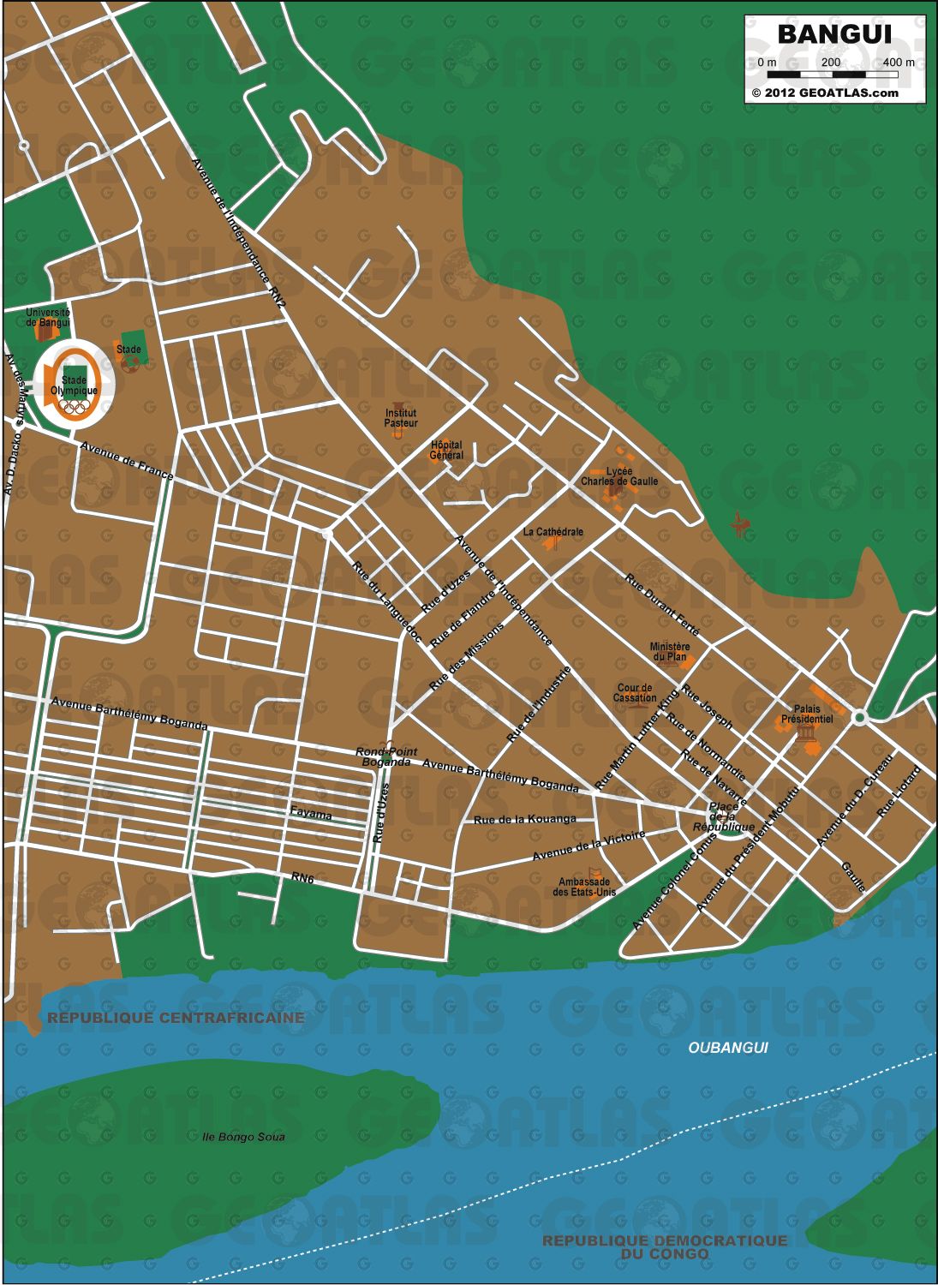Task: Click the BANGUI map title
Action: pyautogui.click(x=833, y=34)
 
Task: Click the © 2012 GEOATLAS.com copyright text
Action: pyautogui.click(x=825, y=93)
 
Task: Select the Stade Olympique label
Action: pyautogui.click(x=74, y=385)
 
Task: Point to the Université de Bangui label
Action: pyautogui.click(x=48, y=318)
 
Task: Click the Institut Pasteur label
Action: pyautogui.click(x=401, y=418)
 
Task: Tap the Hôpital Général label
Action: pyautogui.click(x=446, y=450)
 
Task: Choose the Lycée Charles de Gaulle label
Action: pyautogui.click(x=619, y=476)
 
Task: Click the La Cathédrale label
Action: pyautogui.click(x=553, y=532)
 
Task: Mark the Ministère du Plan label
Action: pyautogui.click(x=670, y=652)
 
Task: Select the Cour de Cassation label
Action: pyautogui.click(x=635, y=693)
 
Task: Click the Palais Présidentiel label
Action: pyautogui.click(x=806, y=714)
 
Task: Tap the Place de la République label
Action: pyautogui.click(x=724, y=817)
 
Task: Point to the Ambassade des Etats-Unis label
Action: pyautogui.click(x=584, y=887)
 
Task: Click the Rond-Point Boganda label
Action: pyautogui.click(x=386, y=756)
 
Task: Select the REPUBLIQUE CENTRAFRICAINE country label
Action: pyautogui.click(x=176, y=1018)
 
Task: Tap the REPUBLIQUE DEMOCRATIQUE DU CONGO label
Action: pyautogui.click(x=665, y=1246)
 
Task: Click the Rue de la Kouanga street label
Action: pyautogui.click(x=525, y=819)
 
